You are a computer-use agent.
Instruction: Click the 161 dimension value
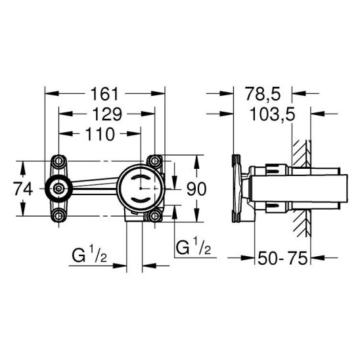click(x=104, y=94)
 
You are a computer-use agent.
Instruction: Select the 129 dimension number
click(x=107, y=114)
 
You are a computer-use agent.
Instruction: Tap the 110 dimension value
click(x=100, y=134)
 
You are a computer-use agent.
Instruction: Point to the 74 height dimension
click(x=23, y=189)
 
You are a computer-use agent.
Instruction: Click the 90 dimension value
click(x=196, y=189)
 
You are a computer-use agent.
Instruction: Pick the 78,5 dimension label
click(x=263, y=94)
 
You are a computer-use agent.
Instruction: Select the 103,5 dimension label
click(x=272, y=114)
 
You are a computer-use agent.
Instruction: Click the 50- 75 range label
click(x=282, y=258)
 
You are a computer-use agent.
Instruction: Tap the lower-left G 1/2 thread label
click(x=89, y=255)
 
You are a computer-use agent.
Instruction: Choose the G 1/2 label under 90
click(x=193, y=246)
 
